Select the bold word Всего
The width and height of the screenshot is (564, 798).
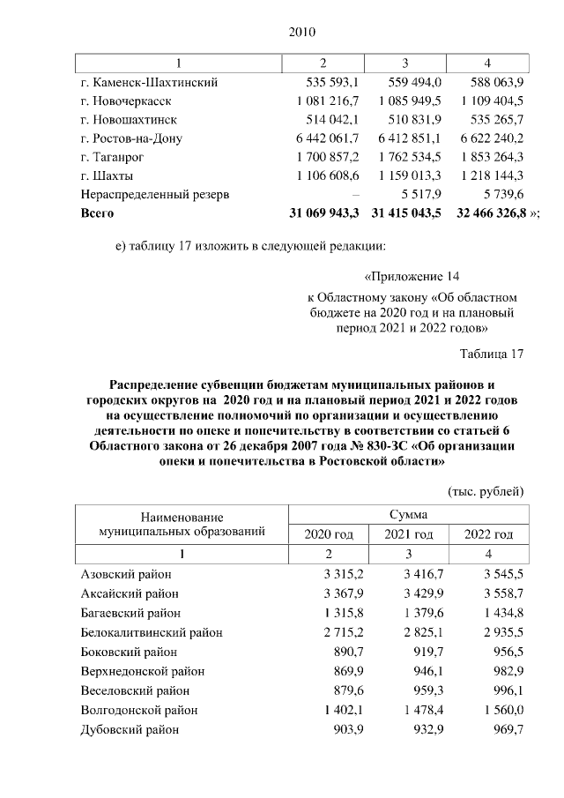(x=97, y=213)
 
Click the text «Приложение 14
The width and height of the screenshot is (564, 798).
(x=412, y=275)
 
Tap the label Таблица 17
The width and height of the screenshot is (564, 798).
(x=492, y=354)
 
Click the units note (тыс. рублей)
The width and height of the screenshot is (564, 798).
(x=486, y=489)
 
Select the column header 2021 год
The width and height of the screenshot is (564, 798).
(x=408, y=534)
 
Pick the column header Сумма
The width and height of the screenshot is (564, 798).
(x=408, y=513)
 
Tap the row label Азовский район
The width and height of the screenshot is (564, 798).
(x=122, y=574)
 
